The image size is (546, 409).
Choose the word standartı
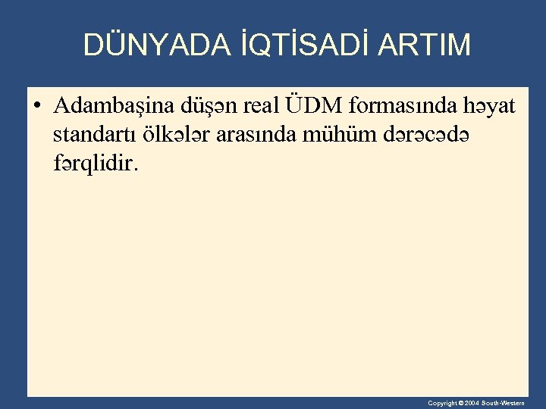tap(98, 134)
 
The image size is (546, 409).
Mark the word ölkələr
tap(180, 133)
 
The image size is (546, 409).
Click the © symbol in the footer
tap(462, 404)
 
